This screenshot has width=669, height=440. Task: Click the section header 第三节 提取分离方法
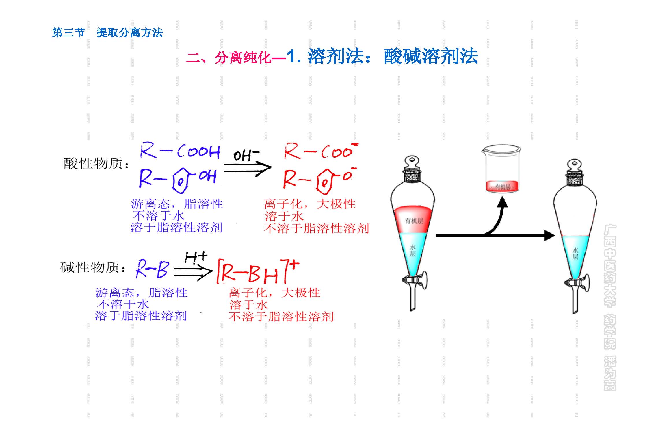tap(107, 33)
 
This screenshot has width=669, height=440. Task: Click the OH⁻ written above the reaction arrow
tap(246, 156)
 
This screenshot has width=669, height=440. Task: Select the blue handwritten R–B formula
tap(152, 269)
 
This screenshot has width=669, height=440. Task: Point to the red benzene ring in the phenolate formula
tap(324, 182)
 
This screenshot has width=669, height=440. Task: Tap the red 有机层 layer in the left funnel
tap(413, 220)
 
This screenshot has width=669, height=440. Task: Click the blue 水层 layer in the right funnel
tap(575, 254)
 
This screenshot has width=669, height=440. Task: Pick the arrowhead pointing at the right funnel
tap(549, 236)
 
